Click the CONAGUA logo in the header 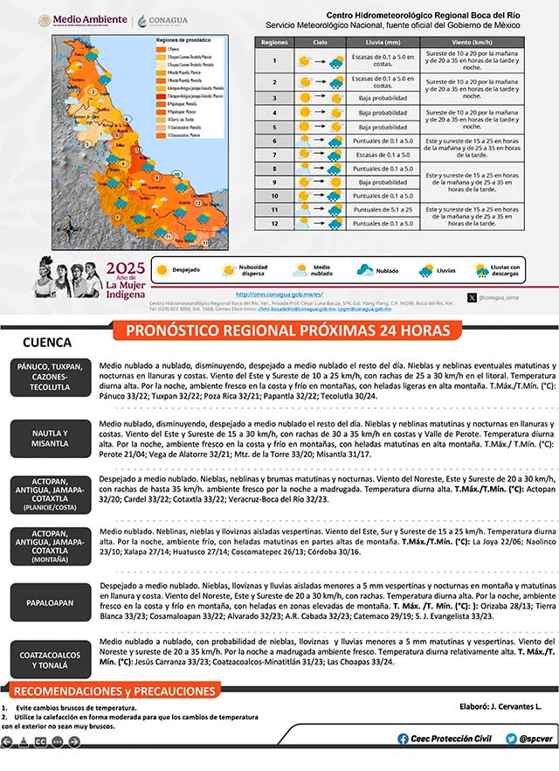[163, 19]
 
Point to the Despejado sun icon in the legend [162, 270]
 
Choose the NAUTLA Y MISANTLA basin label [50, 438]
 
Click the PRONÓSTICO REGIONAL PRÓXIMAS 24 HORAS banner [288, 330]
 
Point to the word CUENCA [47, 343]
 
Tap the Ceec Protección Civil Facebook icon [403, 739]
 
